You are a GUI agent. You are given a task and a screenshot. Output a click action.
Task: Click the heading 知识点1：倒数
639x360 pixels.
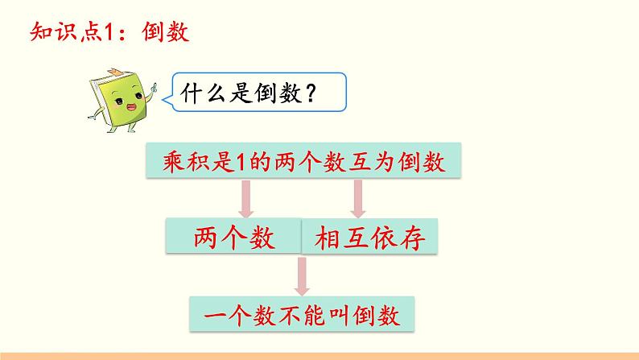click(110, 31)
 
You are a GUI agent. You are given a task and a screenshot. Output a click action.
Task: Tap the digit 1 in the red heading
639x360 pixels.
click(109, 32)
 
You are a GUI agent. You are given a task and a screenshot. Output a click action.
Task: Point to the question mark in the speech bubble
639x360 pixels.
click(310, 93)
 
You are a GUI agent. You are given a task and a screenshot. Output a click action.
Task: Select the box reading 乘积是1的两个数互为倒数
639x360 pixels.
click(303, 160)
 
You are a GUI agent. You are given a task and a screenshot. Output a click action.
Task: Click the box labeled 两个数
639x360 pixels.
click(233, 236)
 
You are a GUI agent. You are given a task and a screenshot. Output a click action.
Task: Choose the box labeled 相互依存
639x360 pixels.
click(369, 237)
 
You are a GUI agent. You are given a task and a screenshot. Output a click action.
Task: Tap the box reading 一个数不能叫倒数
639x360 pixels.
click(302, 314)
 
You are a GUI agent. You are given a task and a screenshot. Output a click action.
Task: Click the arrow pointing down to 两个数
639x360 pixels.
click(246, 199)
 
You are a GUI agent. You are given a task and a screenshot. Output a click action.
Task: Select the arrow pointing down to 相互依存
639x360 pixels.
click(358, 199)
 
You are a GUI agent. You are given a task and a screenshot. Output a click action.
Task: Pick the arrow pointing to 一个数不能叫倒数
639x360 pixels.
click(302, 276)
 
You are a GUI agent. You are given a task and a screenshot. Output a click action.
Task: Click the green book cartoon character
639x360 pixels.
click(122, 101)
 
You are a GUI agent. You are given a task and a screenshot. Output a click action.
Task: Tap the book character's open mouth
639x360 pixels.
click(132, 107)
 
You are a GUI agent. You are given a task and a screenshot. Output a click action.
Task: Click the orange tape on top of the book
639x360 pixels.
click(114, 72)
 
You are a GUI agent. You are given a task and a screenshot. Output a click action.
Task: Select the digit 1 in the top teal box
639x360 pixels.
click(241, 162)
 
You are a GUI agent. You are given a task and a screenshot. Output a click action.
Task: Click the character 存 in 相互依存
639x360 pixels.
click(412, 238)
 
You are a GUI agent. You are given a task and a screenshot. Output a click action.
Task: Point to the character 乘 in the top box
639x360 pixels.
click(174, 161)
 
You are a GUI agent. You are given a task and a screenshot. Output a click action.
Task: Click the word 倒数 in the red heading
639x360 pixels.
click(166, 31)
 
